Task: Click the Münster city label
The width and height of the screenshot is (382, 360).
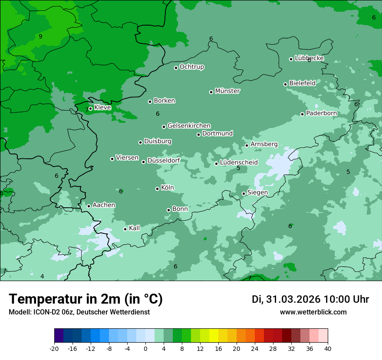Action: [227, 91]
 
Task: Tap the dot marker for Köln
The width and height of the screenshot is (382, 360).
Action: [157, 189]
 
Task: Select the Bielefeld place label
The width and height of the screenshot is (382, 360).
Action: [302, 83]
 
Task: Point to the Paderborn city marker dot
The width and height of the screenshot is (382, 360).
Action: [303, 114]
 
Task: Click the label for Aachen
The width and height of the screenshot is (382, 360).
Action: [104, 205]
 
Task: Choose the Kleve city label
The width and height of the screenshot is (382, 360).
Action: [102, 108]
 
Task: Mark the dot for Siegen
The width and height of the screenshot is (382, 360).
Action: [244, 194]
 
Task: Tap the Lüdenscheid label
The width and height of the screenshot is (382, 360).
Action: [239, 163]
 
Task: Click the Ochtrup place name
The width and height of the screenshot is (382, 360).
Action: [192, 67]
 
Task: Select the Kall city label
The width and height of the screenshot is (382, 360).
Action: [135, 228]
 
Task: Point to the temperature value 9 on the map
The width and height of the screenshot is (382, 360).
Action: [40, 36]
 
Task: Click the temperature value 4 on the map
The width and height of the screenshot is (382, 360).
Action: [42, 276]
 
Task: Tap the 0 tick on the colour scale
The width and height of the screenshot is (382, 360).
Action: [145, 349]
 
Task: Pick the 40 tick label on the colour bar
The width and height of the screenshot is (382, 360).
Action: [328, 349]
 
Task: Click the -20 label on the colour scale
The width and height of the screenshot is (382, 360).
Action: [54, 349]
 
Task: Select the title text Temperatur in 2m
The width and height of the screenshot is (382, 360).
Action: [65, 299]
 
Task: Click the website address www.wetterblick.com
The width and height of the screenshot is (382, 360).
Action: [313, 312]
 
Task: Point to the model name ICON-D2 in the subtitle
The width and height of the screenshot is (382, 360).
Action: [48, 312]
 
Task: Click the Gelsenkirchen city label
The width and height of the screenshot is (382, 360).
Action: [189, 126]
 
